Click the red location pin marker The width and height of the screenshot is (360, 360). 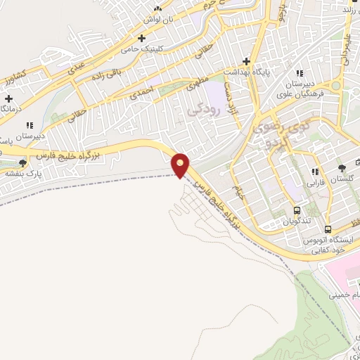click(181, 165)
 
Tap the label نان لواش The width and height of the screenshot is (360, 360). click(158, 20)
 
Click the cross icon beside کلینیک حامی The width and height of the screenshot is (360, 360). click(142, 36)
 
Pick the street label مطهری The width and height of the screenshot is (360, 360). click(198, 84)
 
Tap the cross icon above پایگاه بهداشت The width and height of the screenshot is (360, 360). click(246, 61)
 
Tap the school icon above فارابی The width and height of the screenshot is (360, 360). click(315, 172)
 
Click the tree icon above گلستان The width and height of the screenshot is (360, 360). click(341, 168)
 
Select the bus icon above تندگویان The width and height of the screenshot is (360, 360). click(297, 210)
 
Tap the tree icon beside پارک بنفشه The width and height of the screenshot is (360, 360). click(22, 163)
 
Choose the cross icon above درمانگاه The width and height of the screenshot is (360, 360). click(8, 98)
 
